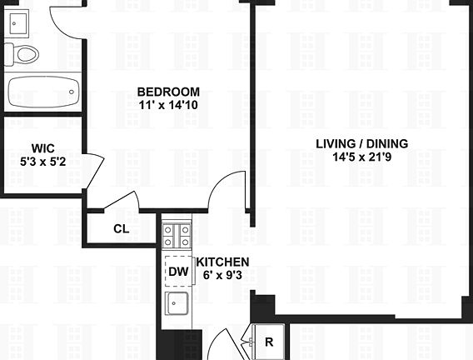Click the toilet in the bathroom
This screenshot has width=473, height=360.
point(26,56)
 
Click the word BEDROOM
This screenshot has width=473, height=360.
point(168,92)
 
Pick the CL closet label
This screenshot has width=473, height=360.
point(121,229)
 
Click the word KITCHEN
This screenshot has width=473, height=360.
point(223,262)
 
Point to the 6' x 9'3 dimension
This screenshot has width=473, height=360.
point(222,273)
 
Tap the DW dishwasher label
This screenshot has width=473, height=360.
point(177,271)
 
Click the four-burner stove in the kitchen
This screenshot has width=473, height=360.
point(177,236)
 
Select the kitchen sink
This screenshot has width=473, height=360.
point(177,304)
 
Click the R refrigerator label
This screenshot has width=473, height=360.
point(269,342)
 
